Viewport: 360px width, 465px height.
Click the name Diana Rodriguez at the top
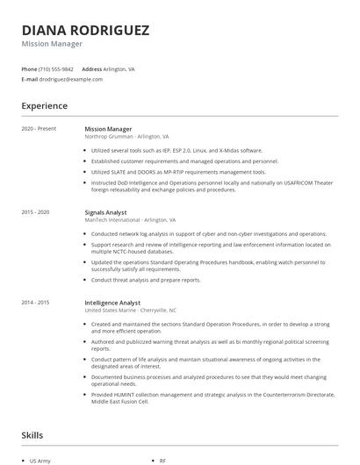(85, 30)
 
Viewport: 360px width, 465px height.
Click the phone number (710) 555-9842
(56, 68)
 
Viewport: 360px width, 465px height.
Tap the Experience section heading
(44, 106)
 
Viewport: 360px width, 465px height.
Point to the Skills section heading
(33, 434)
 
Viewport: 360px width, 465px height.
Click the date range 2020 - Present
(39, 129)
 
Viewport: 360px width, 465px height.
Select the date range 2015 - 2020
(35, 212)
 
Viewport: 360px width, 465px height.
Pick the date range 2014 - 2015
(35, 303)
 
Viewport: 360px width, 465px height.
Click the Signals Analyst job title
(106, 212)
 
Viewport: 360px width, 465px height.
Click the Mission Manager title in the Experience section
(109, 129)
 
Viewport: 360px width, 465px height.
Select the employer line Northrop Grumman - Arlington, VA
(127, 137)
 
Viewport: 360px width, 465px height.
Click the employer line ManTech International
(130, 220)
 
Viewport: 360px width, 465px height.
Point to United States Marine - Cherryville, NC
(130, 311)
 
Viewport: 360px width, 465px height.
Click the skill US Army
(40, 460)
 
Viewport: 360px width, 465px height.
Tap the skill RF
(162, 460)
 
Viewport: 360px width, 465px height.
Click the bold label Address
(91, 68)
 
